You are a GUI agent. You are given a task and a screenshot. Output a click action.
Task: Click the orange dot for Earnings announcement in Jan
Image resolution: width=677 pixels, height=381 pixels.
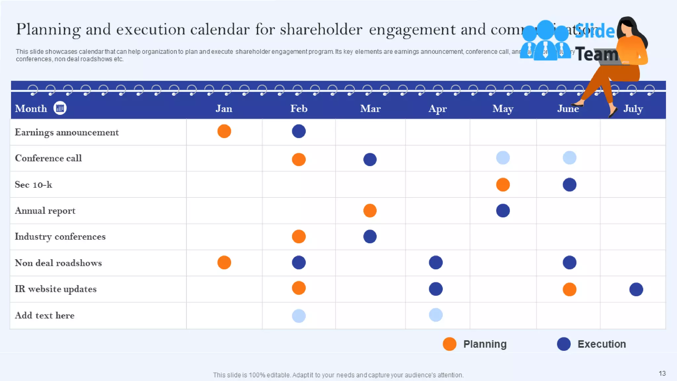(x=224, y=131)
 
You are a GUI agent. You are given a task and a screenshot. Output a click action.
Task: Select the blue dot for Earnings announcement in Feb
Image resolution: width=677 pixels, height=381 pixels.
(x=299, y=131)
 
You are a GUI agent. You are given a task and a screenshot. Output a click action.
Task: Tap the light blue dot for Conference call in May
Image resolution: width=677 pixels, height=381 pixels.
(x=503, y=158)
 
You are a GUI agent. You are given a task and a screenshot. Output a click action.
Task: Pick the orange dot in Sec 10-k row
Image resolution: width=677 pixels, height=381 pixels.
(x=503, y=185)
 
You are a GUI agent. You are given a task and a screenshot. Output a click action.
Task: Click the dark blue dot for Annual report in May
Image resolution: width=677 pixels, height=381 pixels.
(x=503, y=211)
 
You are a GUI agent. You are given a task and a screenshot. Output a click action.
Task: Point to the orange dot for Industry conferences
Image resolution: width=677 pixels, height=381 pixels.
(x=299, y=236)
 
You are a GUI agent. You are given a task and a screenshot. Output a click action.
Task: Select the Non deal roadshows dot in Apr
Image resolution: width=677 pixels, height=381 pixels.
(x=436, y=263)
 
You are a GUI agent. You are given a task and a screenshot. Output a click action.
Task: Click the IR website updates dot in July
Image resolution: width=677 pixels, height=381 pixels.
(x=636, y=289)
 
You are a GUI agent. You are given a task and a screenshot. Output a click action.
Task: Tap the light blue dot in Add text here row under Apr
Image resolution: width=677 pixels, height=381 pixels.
(x=436, y=315)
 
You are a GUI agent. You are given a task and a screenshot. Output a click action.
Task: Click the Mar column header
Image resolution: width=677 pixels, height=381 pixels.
(x=370, y=108)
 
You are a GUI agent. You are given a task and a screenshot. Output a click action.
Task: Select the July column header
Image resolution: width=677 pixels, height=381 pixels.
(x=633, y=108)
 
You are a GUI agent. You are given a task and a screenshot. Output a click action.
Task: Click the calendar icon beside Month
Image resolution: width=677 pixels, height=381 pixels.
(x=60, y=108)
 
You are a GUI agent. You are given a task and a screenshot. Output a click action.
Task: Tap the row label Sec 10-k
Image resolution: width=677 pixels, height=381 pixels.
(x=33, y=185)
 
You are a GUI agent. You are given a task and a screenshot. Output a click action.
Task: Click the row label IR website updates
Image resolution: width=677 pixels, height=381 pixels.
(x=56, y=289)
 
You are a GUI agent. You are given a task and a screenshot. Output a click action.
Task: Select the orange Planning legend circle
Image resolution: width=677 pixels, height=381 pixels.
(x=450, y=344)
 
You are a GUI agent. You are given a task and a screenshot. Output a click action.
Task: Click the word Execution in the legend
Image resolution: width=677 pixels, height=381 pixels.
(x=602, y=344)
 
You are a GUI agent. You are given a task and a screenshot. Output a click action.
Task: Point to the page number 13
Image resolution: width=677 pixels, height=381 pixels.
(x=662, y=373)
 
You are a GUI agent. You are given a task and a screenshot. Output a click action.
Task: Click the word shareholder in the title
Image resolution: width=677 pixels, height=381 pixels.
(x=321, y=29)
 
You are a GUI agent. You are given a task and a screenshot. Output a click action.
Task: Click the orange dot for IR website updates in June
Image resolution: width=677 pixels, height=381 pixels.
(x=569, y=289)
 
